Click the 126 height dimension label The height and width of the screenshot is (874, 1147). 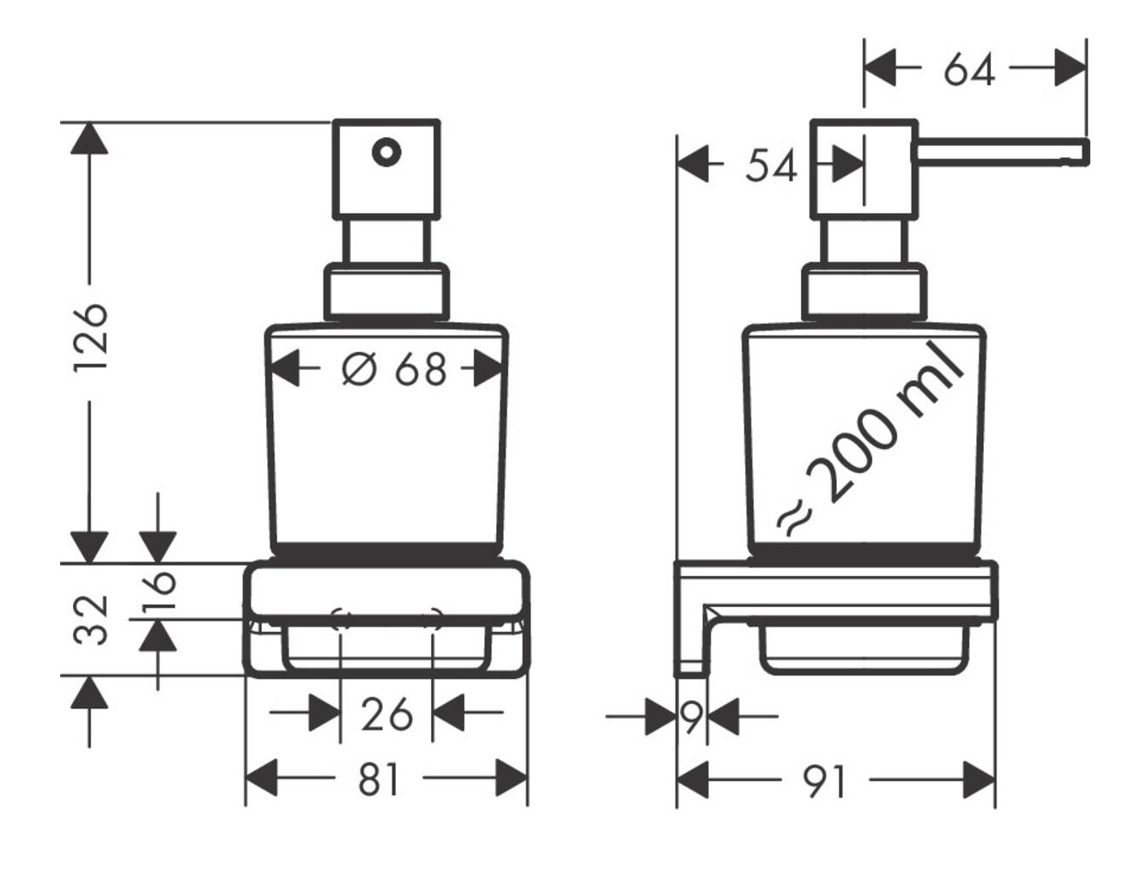pyautogui.click(x=91, y=337)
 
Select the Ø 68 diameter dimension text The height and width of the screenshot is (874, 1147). pyautogui.click(x=395, y=369)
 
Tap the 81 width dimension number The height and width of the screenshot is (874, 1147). pyautogui.click(x=379, y=780)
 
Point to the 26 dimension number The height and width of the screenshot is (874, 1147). pyautogui.click(x=387, y=714)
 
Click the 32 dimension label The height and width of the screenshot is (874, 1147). pyautogui.click(x=91, y=620)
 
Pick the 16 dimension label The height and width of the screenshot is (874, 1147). pyautogui.click(x=159, y=591)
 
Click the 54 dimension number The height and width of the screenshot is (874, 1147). pyautogui.click(x=771, y=165)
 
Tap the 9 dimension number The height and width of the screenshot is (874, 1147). pyautogui.click(x=692, y=716)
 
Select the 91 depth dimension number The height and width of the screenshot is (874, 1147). pyautogui.click(x=826, y=781)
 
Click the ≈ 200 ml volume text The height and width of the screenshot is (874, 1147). pyautogui.click(x=870, y=440)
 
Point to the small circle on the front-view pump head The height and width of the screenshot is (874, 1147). pyautogui.click(x=386, y=152)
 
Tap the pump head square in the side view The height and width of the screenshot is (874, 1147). pyautogui.click(x=865, y=169)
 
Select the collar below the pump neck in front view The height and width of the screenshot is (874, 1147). pyautogui.click(x=386, y=292)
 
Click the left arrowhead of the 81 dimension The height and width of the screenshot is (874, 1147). pyautogui.click(x=261, y=779)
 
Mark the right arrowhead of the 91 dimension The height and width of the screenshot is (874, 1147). pyautogui.click(x=980, y=780)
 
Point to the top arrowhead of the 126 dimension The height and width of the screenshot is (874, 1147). pyautogui.click(x=89, y=138)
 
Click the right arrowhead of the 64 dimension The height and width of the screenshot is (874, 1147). pyautogui.click(x=1071, y=68)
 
